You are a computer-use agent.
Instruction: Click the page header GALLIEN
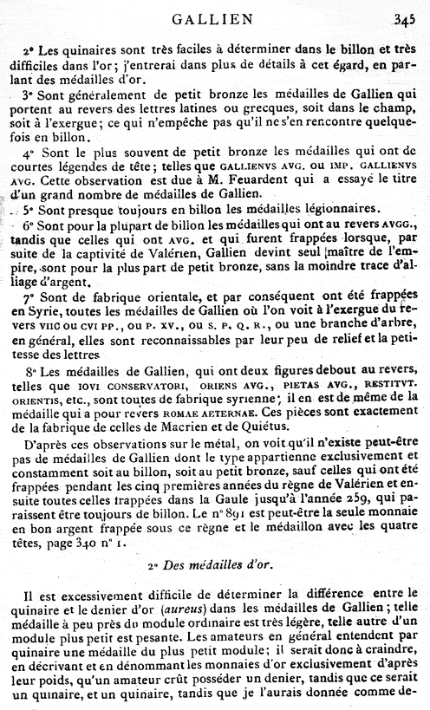pyautogui.click(x=212, y=17)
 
